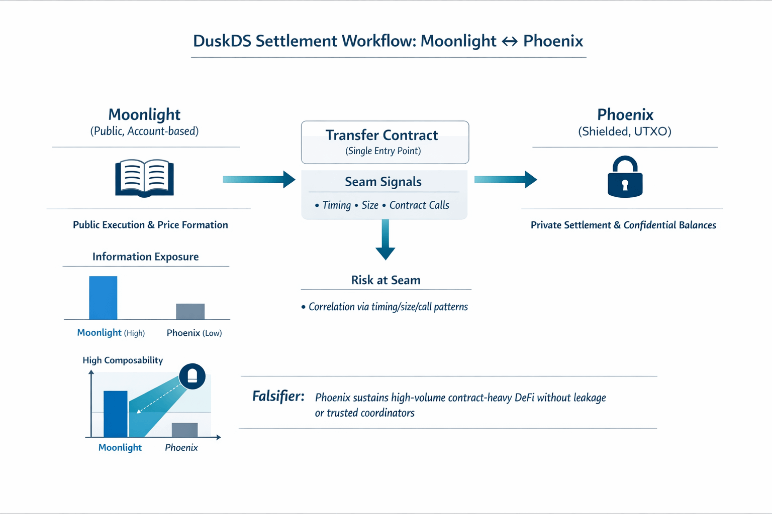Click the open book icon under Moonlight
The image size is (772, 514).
pyautogui.click(x=145, y=178)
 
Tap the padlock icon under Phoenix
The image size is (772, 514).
pyautogui.click(x=625, y=178)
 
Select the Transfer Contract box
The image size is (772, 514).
pyautogui.click(x=384, y=142)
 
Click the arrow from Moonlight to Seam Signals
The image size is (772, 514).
pyautogui.click(x=259, y=179)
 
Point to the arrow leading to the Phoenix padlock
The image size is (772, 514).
pyautogui.click(x=505, y=179)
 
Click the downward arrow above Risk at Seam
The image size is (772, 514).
pyautogui.click(x=385, y=239)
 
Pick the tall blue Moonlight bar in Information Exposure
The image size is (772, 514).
pyautogui.click(x=103, y=298)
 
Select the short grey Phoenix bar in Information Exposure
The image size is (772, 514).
pyautogui.click(x=190, y=311)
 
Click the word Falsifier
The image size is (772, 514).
pyautogui.click(x=278, y=397)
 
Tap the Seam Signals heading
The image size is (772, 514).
pyautogui.click(x=383, y=182)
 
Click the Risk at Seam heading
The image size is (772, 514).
pyautogui.click(x=385, y=280)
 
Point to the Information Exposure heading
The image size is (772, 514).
pyautogui.click(x=145, y=256)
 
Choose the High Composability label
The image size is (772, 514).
pyautogui.click(x=123, y=360)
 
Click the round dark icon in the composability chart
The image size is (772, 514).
pyautogui.click(x=192, y=376)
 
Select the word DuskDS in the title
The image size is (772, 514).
pyautogui.click(x=222, y=41)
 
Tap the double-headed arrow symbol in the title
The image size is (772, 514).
pyautogui.click(x=510, y=41)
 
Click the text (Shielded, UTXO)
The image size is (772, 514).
pyautogui.click(x=624, y=132)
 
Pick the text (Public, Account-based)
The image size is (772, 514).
pyautogui.click(x=144, y=131)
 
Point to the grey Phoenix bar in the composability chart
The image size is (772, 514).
pyautogui.click(x=184, y=430)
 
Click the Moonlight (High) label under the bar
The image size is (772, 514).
pyautogui.click(x=111, y=333)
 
